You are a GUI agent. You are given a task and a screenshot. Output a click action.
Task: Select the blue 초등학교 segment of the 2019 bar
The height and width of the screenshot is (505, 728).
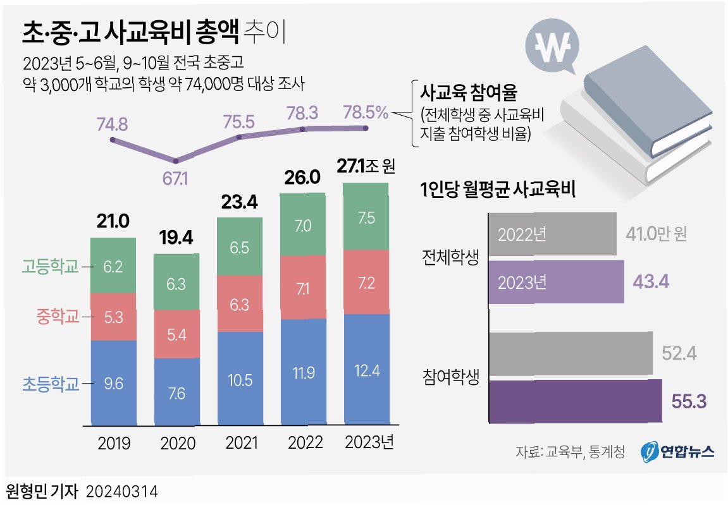(113, 382)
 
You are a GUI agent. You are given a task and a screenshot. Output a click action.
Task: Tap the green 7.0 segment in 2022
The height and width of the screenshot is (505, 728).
(303, 225)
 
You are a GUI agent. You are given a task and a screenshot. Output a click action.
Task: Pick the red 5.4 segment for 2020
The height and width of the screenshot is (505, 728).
(176, 334)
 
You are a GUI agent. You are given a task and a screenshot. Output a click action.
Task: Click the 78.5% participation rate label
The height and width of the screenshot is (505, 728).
(366, 113)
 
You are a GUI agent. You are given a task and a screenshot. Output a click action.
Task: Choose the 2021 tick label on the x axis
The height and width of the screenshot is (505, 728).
(240, 443)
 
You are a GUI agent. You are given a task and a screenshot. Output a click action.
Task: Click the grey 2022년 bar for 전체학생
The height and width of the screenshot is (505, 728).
(552, 234)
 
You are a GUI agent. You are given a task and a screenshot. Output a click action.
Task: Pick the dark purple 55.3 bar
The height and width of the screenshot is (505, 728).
(576, 401)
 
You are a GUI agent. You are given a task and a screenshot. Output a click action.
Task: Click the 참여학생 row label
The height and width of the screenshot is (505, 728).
(450, 378)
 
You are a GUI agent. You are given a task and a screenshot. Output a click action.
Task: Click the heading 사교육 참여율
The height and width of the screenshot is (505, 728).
(469, 94)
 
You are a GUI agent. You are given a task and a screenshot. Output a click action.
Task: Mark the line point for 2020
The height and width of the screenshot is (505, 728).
(176, 161)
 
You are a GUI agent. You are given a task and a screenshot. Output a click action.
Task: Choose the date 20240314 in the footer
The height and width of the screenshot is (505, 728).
(121, 491)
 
